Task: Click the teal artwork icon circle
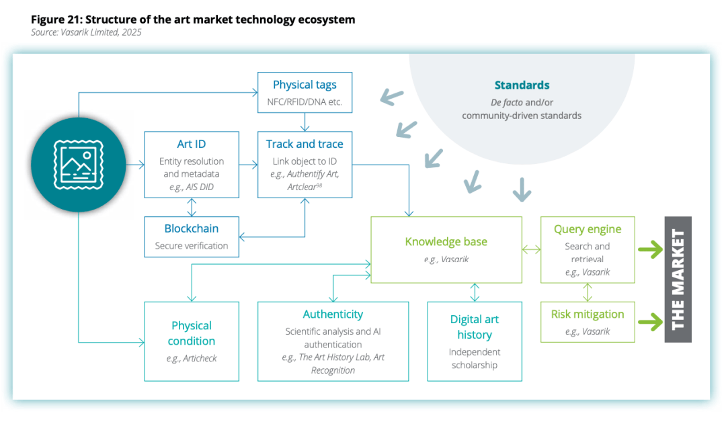tap(79, 165)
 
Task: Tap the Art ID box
tap(192, 165)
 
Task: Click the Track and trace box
tap(305, 165)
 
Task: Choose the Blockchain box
tap(192, 236)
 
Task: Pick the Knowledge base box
tap(446, 249)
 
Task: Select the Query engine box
tap(588, 249)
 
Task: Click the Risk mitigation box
tap(588, 321)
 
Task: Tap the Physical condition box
tap(192, 341)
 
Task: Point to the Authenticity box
tap(333, 341)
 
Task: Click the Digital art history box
tap(475, 341)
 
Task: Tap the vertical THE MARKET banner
tap(678, 280)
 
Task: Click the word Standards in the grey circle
tap(522, 85)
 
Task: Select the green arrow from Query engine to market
tap(649, 250)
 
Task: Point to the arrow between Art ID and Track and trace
tap(248, 164)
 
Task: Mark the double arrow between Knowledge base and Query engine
tap(531, 250)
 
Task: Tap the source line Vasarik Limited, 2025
tap(86, 32)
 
